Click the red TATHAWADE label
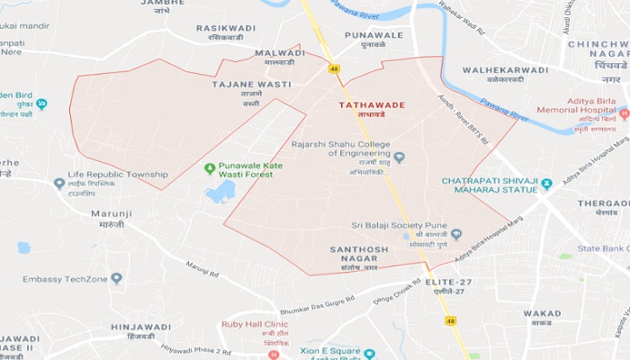(372, 105)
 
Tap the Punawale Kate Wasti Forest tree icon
(210, 168)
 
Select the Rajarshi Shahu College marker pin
(400, 157)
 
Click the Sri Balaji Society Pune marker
(456, 235)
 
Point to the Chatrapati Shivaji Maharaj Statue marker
(546, 184)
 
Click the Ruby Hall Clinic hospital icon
(274, 355)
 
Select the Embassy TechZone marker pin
(116, 279)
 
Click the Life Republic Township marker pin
(59, 183)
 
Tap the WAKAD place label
(542, 314)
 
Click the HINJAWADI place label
(139, 327)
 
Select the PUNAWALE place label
(373, 35)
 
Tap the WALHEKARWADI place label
(504, 69)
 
